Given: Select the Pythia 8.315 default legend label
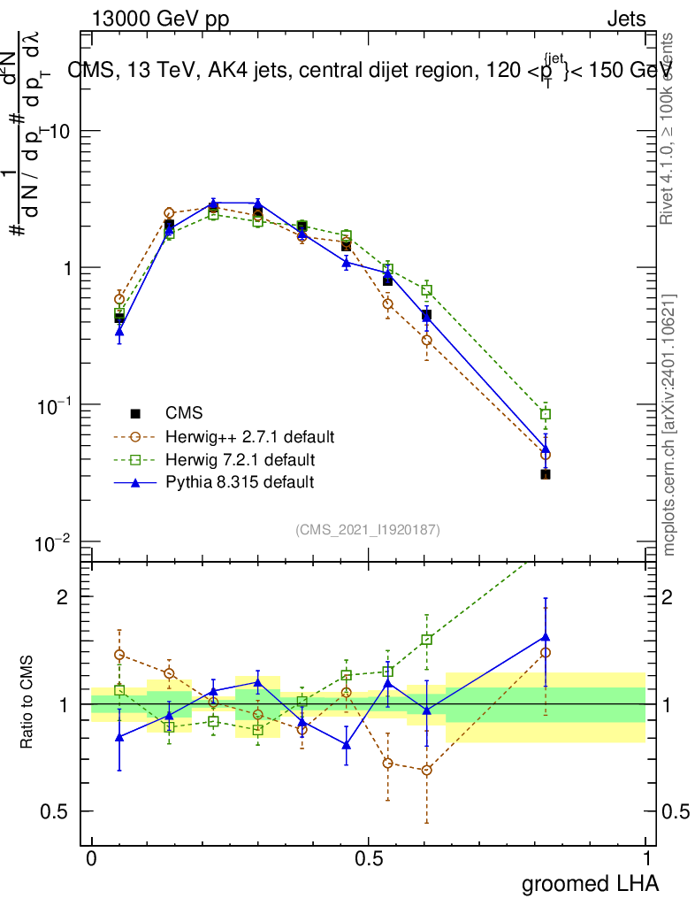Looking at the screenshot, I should [x=240, y=482].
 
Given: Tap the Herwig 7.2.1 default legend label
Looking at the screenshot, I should [x=240, y=460].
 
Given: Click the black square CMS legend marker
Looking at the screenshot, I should [x=136, y=413].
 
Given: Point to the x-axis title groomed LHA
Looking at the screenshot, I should [x=590, y=883].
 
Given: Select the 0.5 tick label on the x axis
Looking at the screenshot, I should [x=369, y=858].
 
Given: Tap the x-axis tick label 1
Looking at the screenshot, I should [x=646, y=858].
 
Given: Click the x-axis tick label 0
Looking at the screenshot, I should [x=91, y=858].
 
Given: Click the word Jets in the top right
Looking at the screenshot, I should [x=626, y=19].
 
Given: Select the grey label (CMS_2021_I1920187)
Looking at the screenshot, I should [x=368, y=529].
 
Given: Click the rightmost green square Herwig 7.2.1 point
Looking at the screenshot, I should [x=546, y=414].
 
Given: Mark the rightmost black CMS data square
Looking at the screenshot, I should [x=546, y=475].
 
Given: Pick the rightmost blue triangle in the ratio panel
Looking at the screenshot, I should [x=546, y=636].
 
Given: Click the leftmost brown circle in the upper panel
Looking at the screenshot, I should [x=119, y=299].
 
